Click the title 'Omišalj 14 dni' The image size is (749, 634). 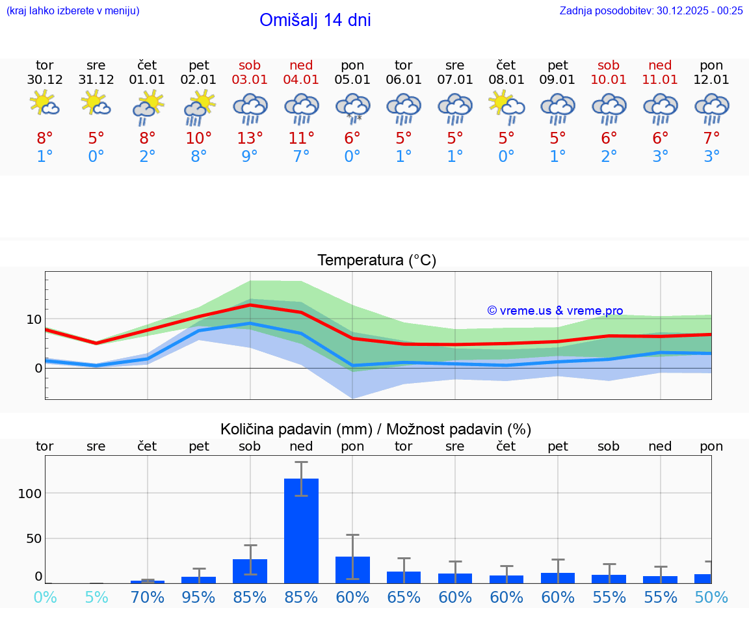pos(315,20)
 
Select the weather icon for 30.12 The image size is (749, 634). pos(44,105)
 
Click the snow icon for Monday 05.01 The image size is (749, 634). pos(352,108)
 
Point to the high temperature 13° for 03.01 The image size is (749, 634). pos(250,139)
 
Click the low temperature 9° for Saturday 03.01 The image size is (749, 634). pos(250,157)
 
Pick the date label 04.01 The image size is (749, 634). pos(301,80)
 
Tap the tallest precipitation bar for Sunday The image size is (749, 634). pos(301,531)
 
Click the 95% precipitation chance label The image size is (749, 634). pos(199,597)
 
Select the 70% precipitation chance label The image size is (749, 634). pos(148,597)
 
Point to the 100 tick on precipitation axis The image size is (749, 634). pos(30,493)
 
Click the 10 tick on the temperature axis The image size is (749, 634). pos(34,319)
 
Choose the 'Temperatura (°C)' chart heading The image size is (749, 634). pos(376,261)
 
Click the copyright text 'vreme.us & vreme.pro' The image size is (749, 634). pos(555,311)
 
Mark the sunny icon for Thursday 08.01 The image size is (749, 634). pos(506,106)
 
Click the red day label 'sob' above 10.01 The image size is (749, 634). pos(609,65)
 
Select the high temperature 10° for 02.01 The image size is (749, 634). pos(199,139)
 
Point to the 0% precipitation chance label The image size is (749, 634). pos(44,597)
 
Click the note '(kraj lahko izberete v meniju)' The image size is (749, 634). pos(73,10)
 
